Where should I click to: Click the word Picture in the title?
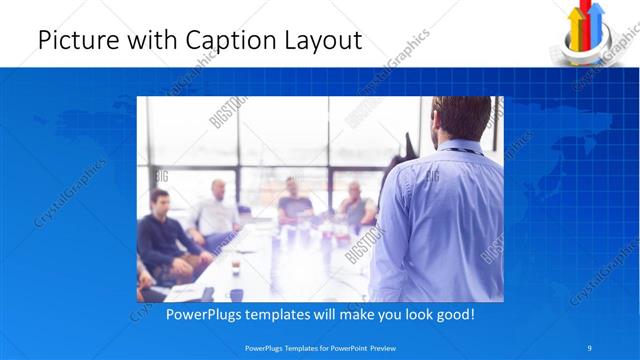click(74, 41)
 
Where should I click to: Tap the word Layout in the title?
click(324, 41)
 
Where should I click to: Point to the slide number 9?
click(590, 348)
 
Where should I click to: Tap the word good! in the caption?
click(453, 314)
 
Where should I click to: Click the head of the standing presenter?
click(461, 118)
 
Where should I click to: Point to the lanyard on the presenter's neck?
click(457, 150)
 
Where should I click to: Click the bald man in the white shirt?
click(217, 210)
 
